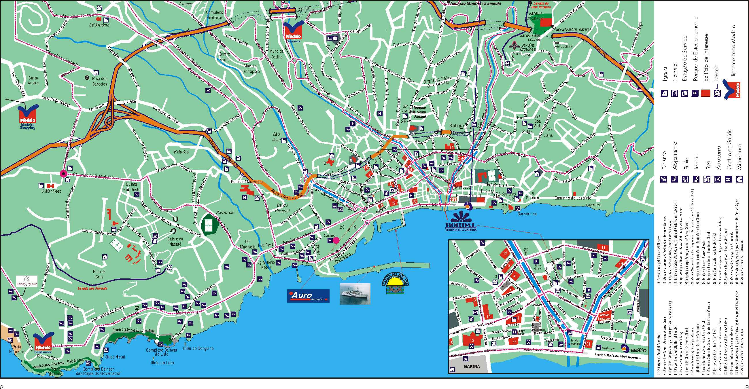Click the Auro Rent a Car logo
tap(308, 296)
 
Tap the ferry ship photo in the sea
tap(355, 294)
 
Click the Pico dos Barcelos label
tap(100, 81)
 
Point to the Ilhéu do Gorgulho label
tap(198, 348)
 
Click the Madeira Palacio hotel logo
tap(27, 281)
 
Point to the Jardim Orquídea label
tap(528, 47)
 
